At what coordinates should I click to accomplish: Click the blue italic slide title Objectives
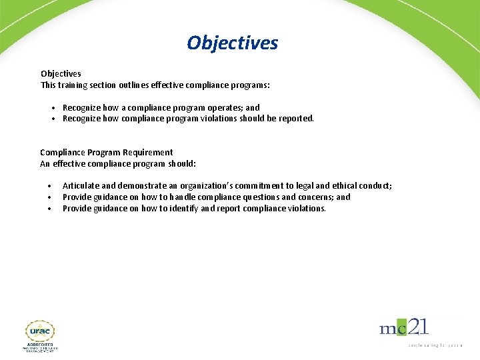point(233,43)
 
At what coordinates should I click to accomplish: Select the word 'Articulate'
point(80,186)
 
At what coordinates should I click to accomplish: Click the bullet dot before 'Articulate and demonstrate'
point(49,186)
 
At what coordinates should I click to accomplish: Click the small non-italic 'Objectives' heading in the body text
point(61,74)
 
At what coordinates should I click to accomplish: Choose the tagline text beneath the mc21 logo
point(435,345)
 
